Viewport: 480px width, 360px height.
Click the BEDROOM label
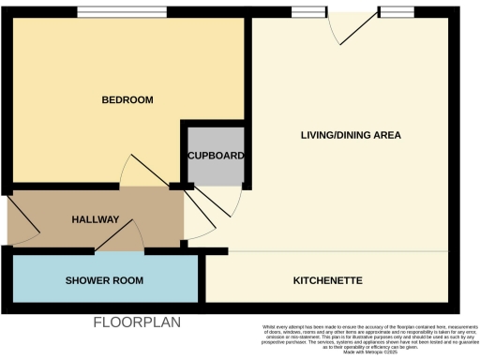127,100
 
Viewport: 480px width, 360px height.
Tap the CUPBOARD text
217,156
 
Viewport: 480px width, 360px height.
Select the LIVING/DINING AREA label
351,136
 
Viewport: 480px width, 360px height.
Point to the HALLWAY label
96,219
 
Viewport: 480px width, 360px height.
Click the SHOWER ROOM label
104,281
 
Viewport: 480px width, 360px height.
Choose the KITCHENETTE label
328,280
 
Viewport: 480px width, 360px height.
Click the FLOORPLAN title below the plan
136,322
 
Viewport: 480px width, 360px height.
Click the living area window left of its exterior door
305,13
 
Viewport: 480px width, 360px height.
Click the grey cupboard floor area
217,169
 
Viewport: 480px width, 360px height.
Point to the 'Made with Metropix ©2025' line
366,351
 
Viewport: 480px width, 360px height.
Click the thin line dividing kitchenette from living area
328,252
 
